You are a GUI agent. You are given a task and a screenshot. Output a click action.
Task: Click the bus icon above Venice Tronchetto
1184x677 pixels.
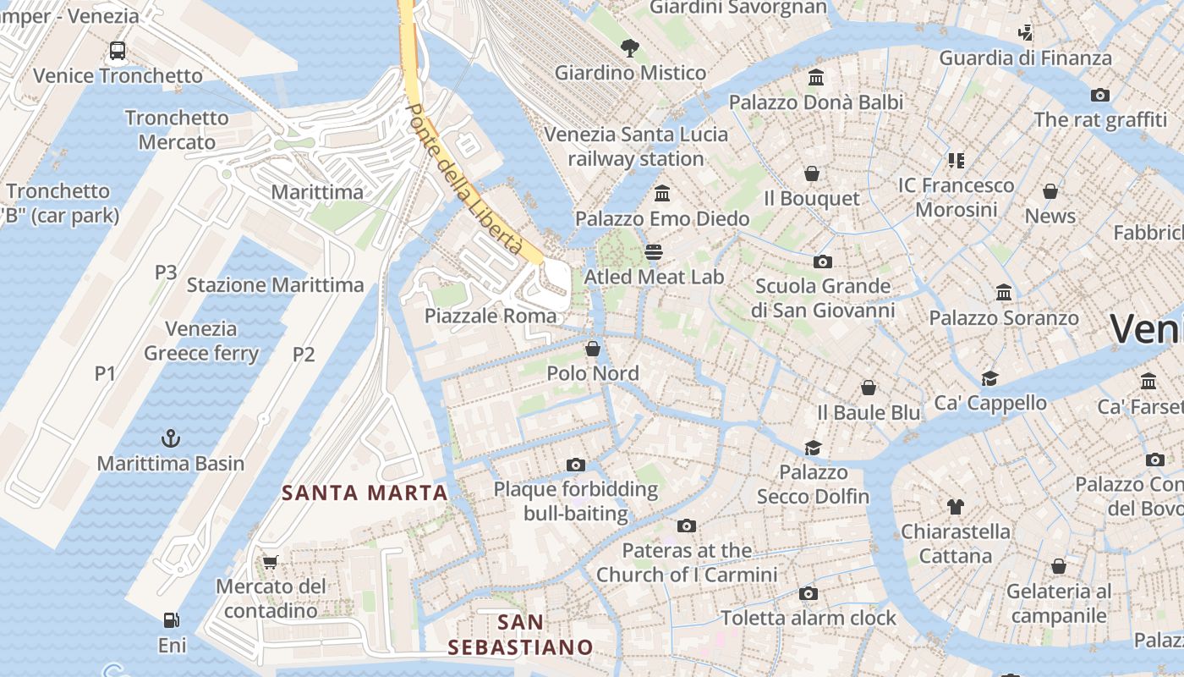(118, 51)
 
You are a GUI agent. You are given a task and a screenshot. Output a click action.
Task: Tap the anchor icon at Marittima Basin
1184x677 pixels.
(171, 438)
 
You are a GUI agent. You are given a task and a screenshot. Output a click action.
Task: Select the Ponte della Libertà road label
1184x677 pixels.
(463, 179)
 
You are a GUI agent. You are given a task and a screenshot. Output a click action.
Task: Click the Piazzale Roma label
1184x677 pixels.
(491, 316)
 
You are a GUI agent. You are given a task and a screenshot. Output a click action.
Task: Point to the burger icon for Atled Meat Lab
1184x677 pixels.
(654, 252)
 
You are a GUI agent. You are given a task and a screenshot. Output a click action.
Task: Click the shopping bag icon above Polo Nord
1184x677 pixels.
(593, 349)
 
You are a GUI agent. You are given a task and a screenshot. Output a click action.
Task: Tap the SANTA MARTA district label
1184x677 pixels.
(365, 493)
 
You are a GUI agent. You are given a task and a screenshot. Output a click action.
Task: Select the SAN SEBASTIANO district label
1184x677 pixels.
(520, 636)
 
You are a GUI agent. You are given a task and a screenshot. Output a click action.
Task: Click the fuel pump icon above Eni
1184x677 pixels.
(172, 620)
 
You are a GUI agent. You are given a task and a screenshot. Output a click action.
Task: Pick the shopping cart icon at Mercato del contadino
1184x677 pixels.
(271, 562)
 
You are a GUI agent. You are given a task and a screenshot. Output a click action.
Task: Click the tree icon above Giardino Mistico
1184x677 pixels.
(630, 47)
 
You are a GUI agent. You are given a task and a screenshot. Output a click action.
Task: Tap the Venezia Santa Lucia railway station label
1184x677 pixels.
(636, 146)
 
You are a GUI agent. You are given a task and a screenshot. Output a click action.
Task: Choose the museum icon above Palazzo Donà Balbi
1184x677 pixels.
(816, 77)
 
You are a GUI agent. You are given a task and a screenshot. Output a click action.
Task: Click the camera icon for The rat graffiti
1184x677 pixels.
(1100, 95)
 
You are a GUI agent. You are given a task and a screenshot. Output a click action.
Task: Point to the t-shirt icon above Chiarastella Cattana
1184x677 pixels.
(956, 507)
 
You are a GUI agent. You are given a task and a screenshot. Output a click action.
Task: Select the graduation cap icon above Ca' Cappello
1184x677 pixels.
(989, 377)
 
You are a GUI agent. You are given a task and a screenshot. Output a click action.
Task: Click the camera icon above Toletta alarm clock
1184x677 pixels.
(808, 593)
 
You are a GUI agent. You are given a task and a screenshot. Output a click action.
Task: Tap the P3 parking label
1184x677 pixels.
(166, 272)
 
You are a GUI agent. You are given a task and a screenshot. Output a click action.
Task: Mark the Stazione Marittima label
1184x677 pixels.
(275, 285)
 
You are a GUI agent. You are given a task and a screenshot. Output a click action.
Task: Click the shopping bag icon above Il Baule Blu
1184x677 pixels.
(869, 388)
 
